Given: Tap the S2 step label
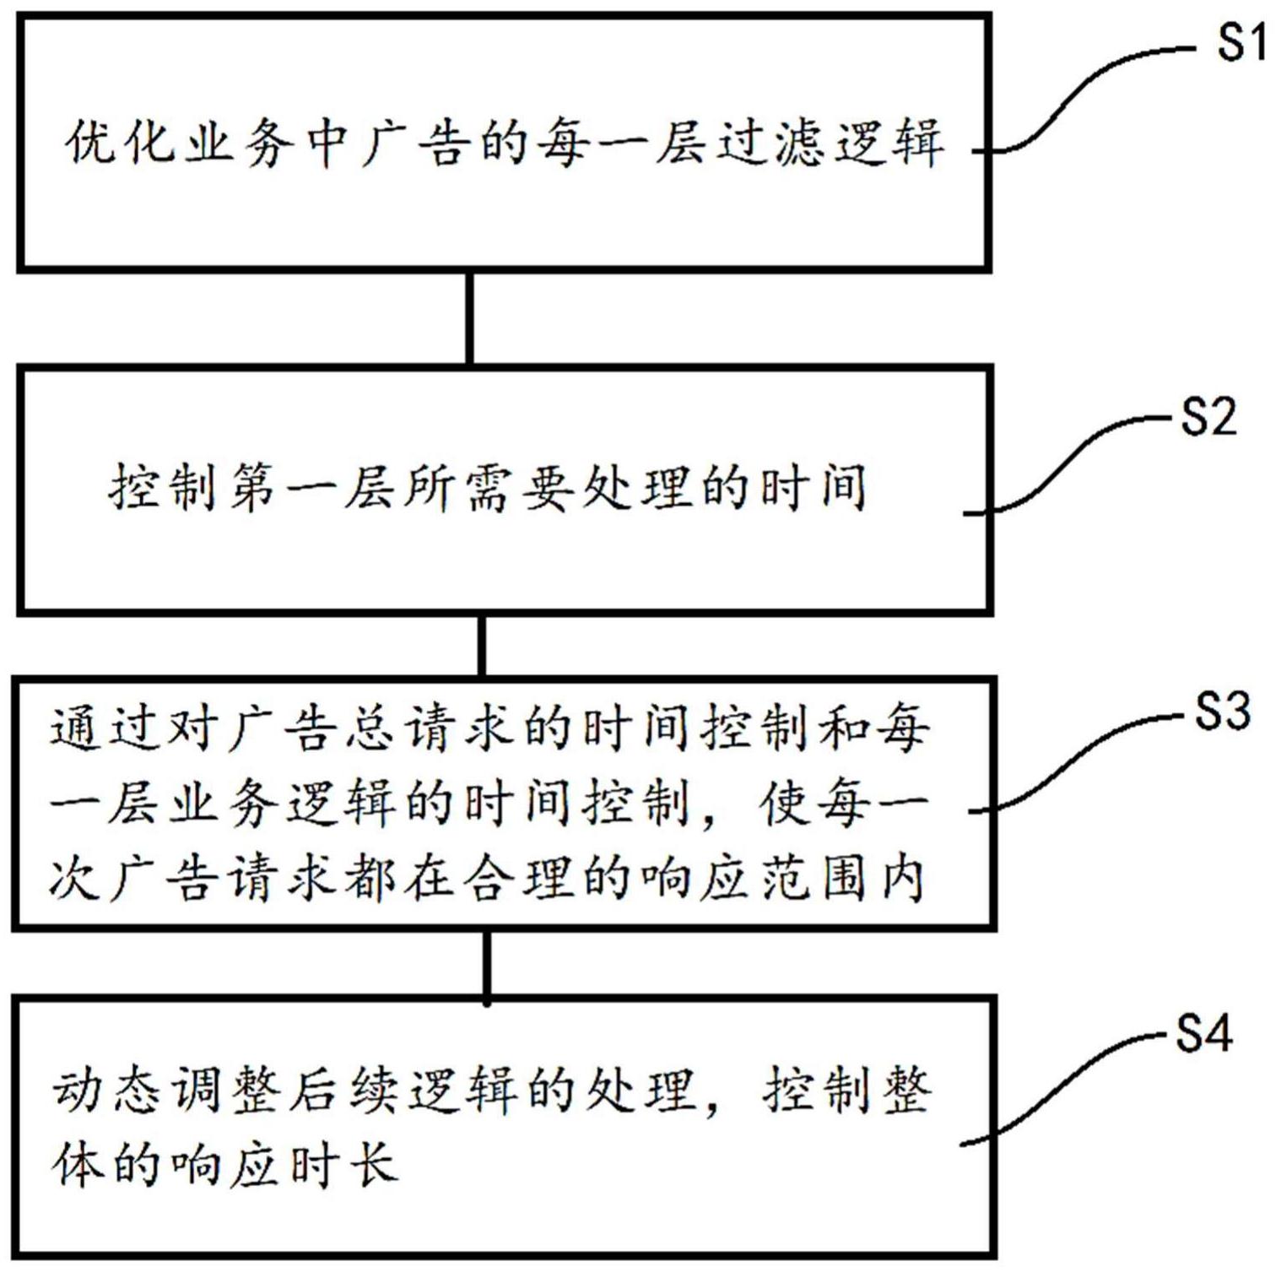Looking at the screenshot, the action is (x=1208, y=416).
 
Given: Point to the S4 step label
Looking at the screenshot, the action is (x=1204, y=1031).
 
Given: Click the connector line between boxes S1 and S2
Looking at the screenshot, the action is (x=470, y=318).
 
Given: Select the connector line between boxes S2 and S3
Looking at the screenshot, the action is (x=481, y=646).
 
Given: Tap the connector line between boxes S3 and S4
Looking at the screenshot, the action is (x=487, y=965).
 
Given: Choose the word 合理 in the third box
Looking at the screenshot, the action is (x=521, y=880).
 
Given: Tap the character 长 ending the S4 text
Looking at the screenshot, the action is (x=369, y=1166).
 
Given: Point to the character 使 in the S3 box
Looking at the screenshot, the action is (x=782, y=804).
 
